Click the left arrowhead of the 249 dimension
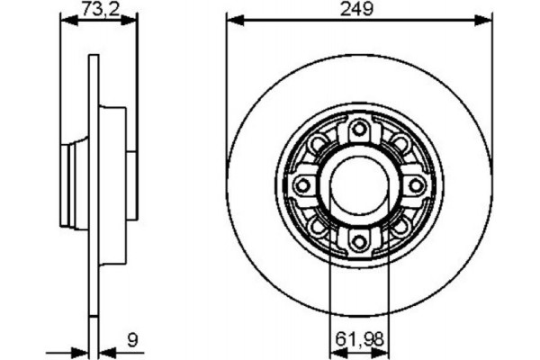(x=230, y=19)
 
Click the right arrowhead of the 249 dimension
(x=488, y=19)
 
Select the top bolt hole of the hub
(x=359, y=128)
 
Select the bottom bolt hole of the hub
(x=359, y=239)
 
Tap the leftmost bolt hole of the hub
(x=303, y=184)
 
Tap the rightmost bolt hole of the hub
(x=415, y=184)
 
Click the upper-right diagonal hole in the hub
(x=398, y=145)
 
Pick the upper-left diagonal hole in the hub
(x=320, y=145)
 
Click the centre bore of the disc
(x=359, y=184)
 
